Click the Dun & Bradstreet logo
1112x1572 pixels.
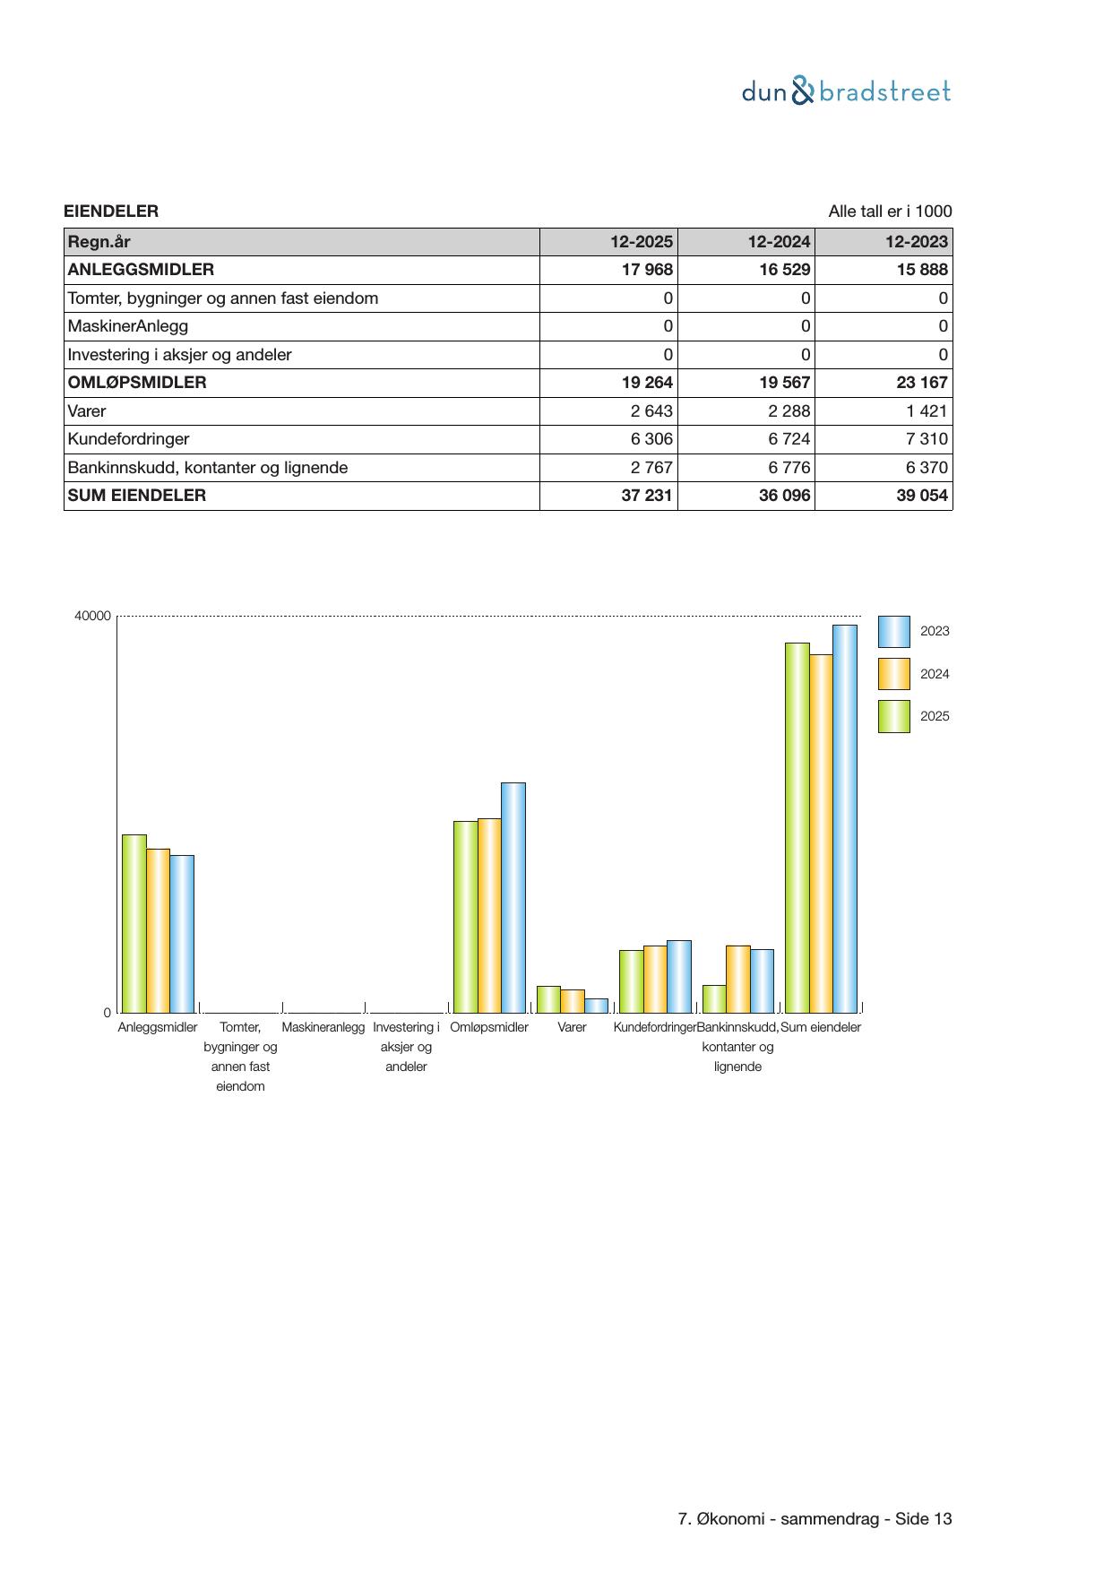(x=846, y=91)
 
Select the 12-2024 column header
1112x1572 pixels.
(x=780, y=242)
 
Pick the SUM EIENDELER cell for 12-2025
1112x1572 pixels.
(x=647, y=496)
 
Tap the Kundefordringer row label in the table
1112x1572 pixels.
(x=129, y=439)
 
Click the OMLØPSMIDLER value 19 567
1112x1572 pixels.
(x=785, y=383)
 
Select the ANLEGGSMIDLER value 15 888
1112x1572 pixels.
(x=922, y=270)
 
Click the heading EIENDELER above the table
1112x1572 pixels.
(x=111, y=212)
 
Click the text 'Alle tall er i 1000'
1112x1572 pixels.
(x=890, y=212)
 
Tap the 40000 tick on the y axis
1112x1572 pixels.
(x=92, y=617)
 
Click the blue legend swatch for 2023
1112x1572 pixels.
(x=893, y=632)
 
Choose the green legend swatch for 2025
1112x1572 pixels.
(x=893, y=717)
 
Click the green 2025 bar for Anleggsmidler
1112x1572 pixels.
(x=134, y=923)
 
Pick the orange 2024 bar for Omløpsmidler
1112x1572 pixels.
(x=489, y=915)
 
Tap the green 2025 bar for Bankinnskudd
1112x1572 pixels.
(x=714, y=998)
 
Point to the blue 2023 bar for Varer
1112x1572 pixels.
(x=596, y=1006)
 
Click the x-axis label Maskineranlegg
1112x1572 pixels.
(x=323, y=1028)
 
